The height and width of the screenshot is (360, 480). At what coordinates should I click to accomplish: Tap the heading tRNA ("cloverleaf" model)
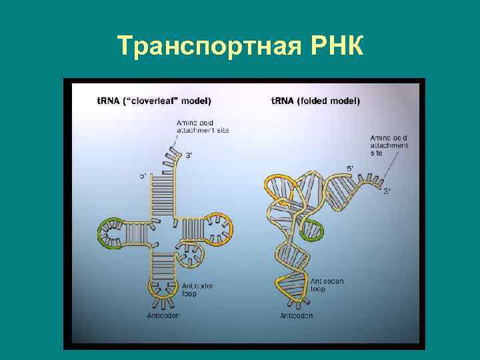153,101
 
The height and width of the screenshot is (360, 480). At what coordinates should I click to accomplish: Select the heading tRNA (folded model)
315,101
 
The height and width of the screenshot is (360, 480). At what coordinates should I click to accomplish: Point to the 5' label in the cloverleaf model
143,176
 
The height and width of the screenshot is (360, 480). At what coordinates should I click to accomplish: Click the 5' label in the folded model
351,168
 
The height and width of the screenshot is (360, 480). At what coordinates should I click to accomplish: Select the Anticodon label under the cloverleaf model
163,315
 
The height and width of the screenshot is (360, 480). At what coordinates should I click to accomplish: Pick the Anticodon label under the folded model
297,315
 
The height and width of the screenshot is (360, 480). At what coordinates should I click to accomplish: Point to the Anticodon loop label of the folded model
327,285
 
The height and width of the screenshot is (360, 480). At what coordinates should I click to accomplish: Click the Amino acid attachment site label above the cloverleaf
202,126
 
